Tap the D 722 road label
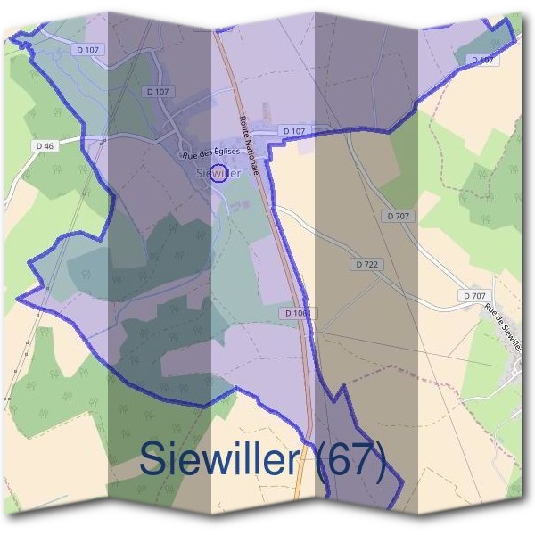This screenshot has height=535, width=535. [367, 265]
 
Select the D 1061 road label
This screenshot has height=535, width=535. [298, 313]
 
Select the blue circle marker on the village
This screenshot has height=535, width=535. [222, 173]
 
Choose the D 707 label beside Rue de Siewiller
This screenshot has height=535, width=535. [474, 295]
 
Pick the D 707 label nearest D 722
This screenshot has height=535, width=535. [398, 217]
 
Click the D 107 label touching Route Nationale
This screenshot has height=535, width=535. [294, 131]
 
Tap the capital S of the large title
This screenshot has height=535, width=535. [153, 461]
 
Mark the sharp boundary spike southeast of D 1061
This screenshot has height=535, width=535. [342, 389]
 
